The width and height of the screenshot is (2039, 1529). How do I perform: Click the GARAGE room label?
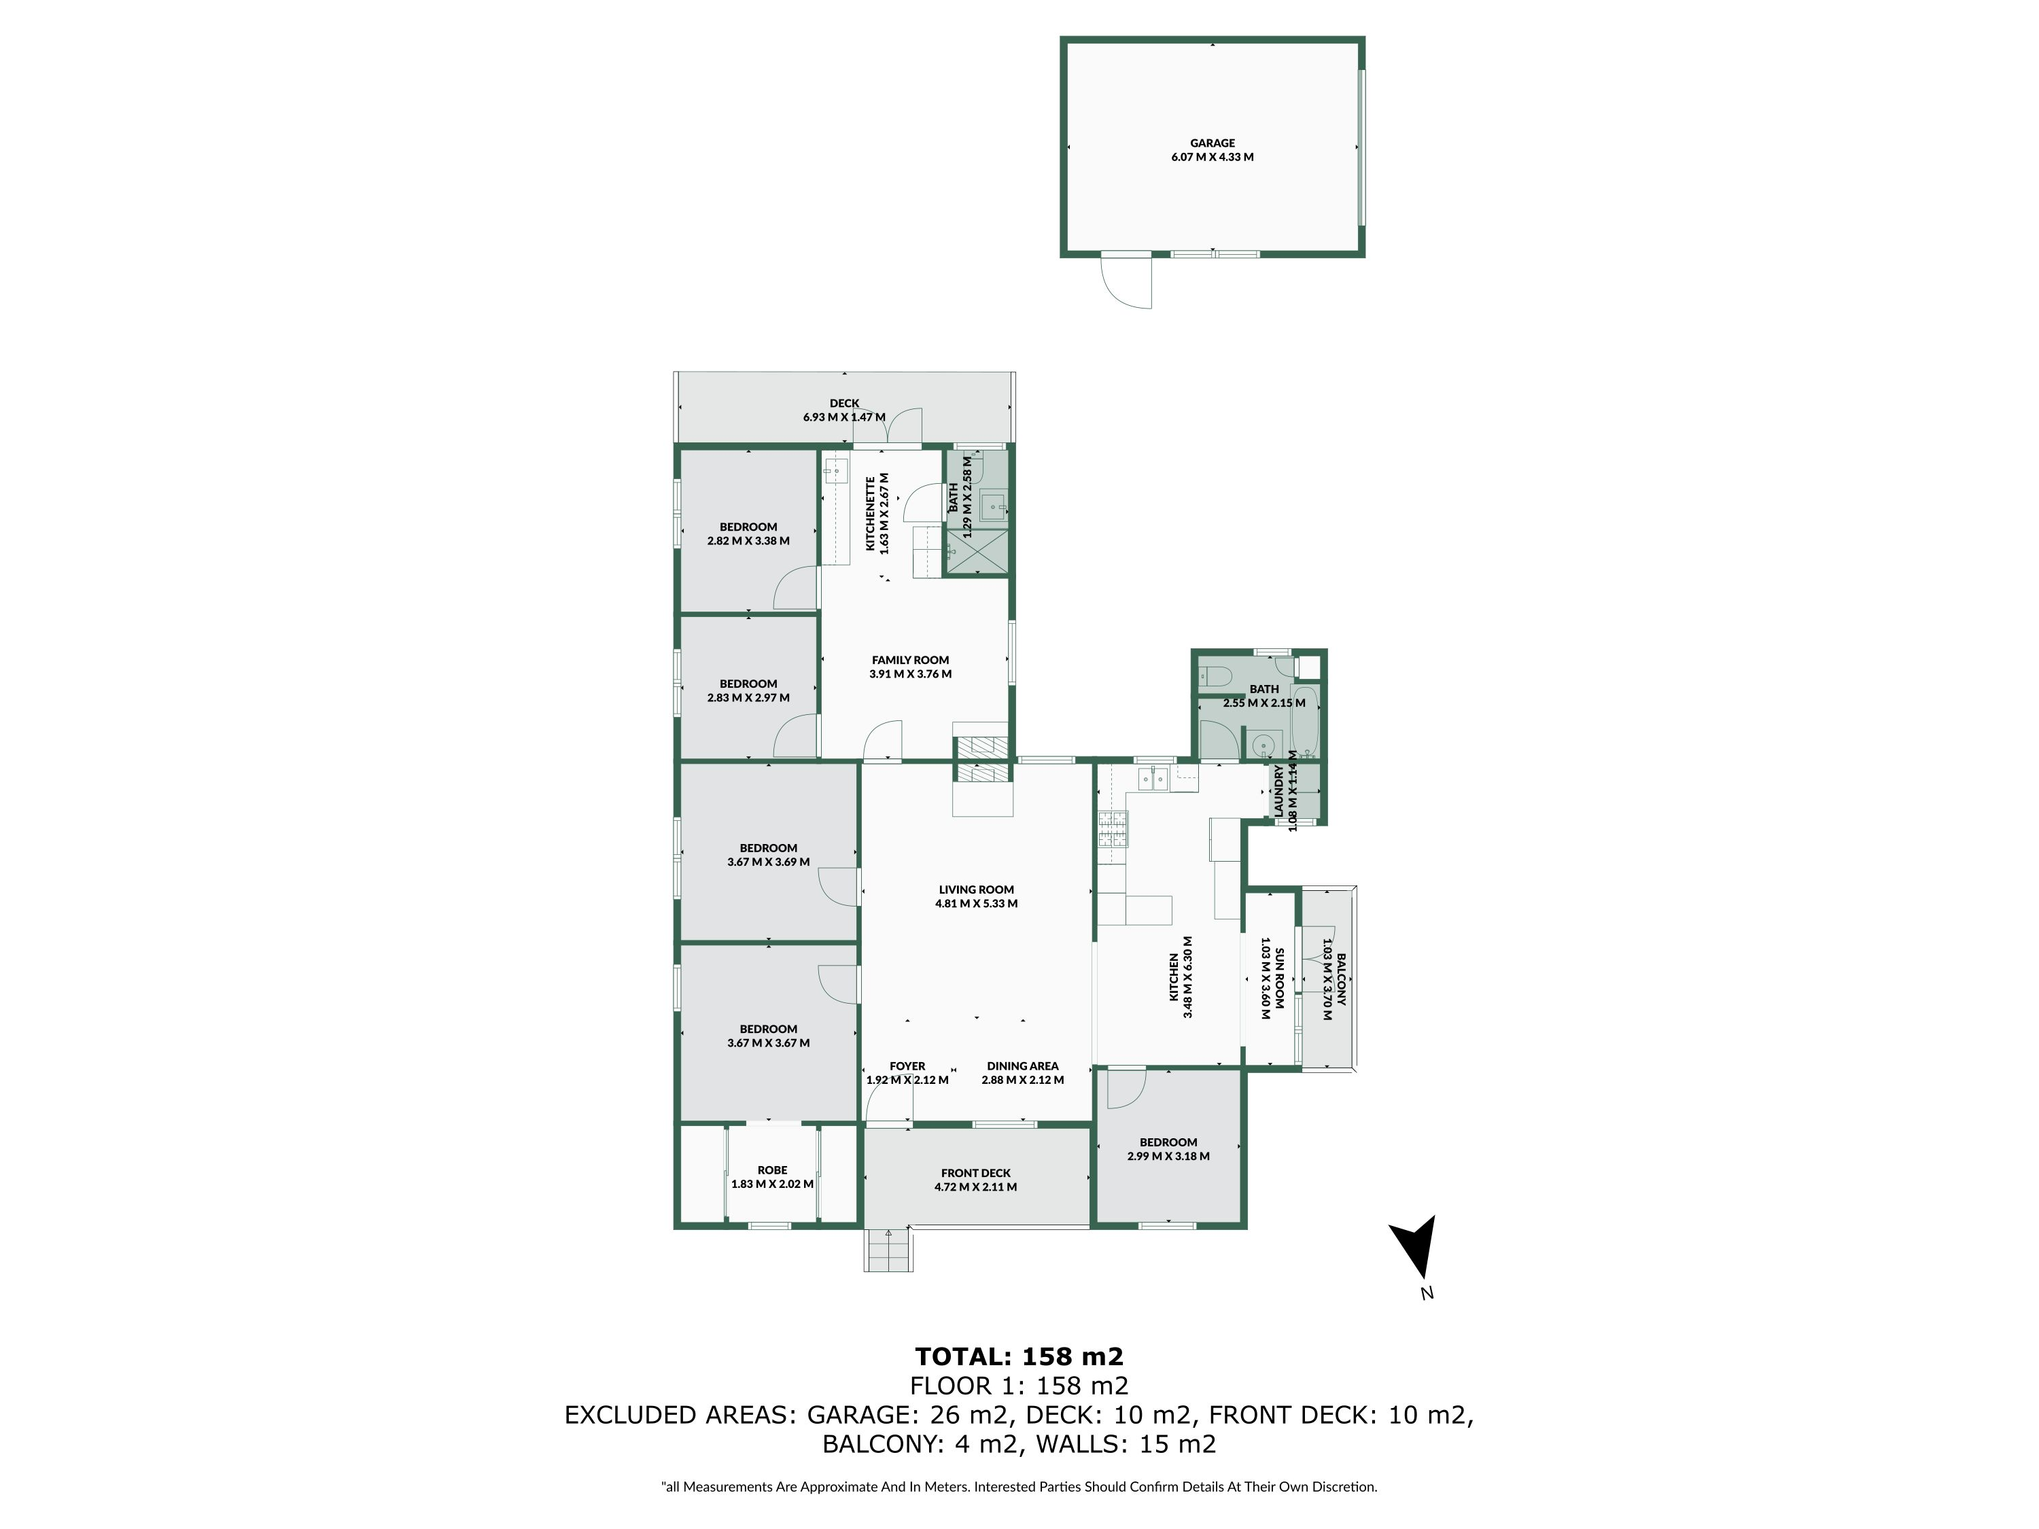(x=1212, y=143)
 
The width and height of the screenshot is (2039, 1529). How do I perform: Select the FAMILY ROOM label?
(x=910, y=660)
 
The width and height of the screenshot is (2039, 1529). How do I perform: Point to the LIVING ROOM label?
(x=976, y=890)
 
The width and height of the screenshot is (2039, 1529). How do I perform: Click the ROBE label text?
(x=773, y=1170)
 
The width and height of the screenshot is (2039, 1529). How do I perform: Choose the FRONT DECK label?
(x=976, y=1173)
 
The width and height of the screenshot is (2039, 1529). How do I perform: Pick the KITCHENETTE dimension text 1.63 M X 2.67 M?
(x=885, y=513)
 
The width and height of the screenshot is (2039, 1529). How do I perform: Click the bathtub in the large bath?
(x=1305, y=722)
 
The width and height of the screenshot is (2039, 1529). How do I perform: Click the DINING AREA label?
(x=1022, y=1066)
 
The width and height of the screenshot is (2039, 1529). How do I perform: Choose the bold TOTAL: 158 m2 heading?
(x=1019, y=1356)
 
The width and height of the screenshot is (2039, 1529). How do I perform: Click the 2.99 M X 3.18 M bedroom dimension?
(x=1168, y=1156)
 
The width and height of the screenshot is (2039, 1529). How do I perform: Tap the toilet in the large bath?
(x=1215, y=676)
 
